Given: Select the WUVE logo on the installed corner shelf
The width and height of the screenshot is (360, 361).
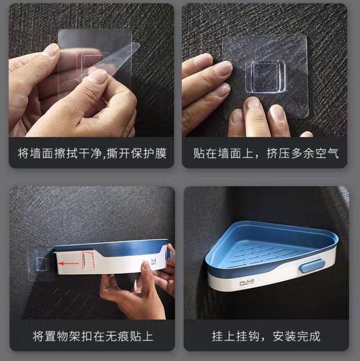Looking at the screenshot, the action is click(246, 283).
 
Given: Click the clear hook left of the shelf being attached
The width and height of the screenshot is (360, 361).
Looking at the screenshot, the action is click(41, 264).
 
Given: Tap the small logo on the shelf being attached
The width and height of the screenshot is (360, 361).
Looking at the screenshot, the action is click(154, 262).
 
